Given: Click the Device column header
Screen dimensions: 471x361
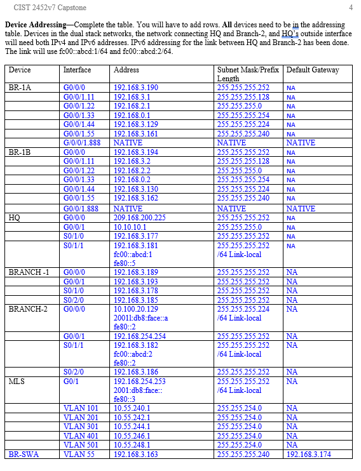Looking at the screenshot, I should pyautogui.click(x=20, y=70).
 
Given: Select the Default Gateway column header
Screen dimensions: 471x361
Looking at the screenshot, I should pyautogui.click(x=312, y=70).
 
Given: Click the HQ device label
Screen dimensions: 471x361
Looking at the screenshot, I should pyautogui.click(x=15, y=218).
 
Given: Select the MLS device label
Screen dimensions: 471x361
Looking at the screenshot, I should pyautogui.click(x=17, y=381).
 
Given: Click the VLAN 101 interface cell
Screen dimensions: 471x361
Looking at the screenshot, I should pyautogui.click(x=81, y=409).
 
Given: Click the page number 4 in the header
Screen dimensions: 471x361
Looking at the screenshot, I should pyautogui.click(x=351, y=8).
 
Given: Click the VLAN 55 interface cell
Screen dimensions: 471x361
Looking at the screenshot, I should pyautogui.click(x=79, y=454).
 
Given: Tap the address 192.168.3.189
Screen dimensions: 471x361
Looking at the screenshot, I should pyautogui.click(x=135, y=272).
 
